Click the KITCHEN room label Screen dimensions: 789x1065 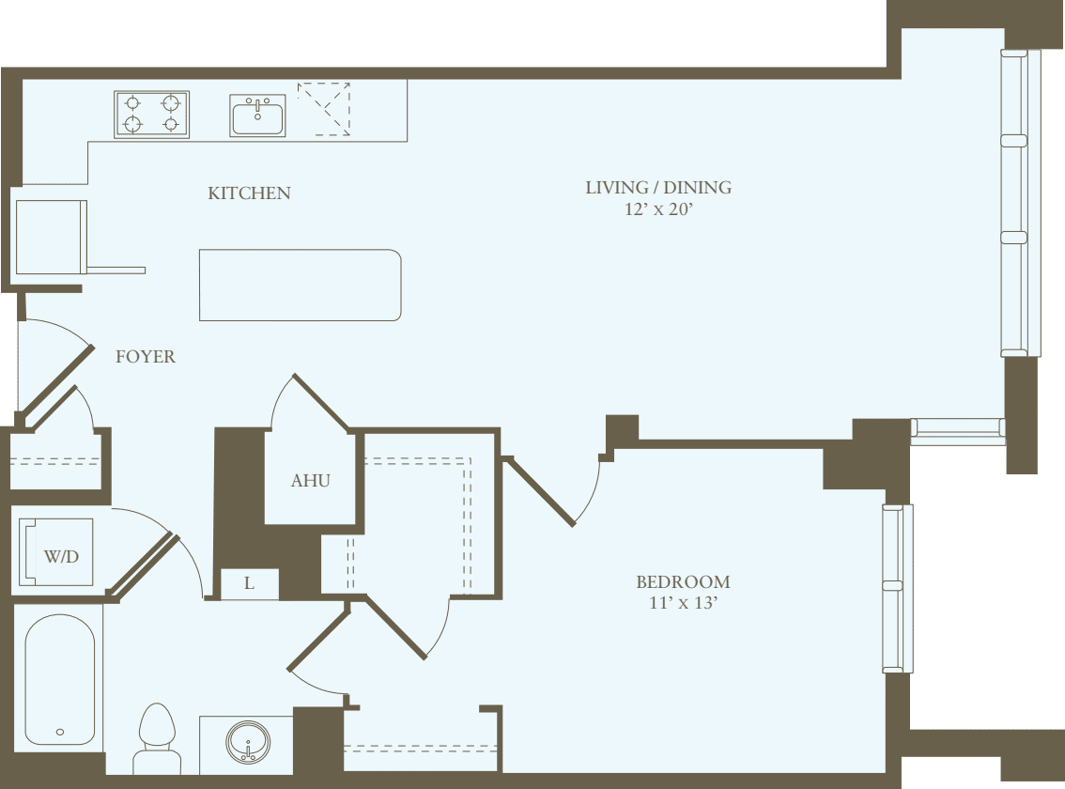(249, 193)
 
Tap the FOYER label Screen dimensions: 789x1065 (146, 357)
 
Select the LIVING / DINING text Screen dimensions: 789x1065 (658, 187)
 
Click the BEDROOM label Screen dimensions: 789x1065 (683, 581)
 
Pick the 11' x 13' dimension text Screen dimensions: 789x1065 (683, 603)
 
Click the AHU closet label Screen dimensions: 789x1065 (310, 480)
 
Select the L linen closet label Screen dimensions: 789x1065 (249, 583)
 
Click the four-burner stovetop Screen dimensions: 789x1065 (151, 114)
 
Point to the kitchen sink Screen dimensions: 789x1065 (257, 115)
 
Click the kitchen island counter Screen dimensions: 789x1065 (300, 285)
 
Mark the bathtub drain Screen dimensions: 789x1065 (60, 731)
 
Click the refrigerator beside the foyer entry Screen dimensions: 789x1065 (50, 238)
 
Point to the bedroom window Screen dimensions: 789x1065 (896, 588)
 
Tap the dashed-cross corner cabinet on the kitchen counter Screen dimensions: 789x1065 (324, 109)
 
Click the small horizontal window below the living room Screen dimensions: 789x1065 (957, 431)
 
